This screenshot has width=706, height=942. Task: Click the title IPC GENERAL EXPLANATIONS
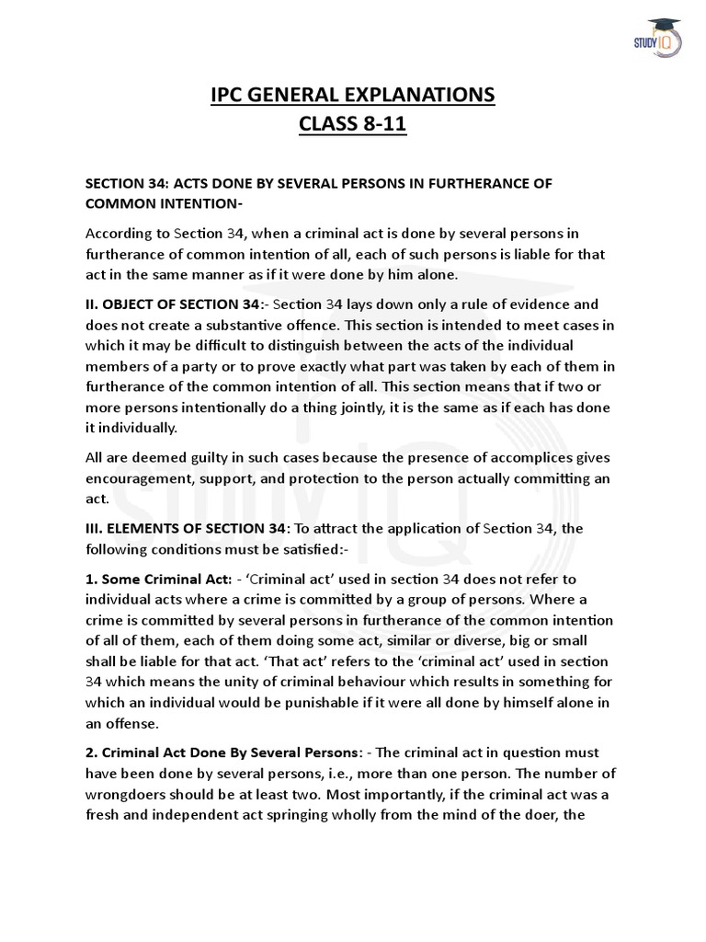click(353, 96)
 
